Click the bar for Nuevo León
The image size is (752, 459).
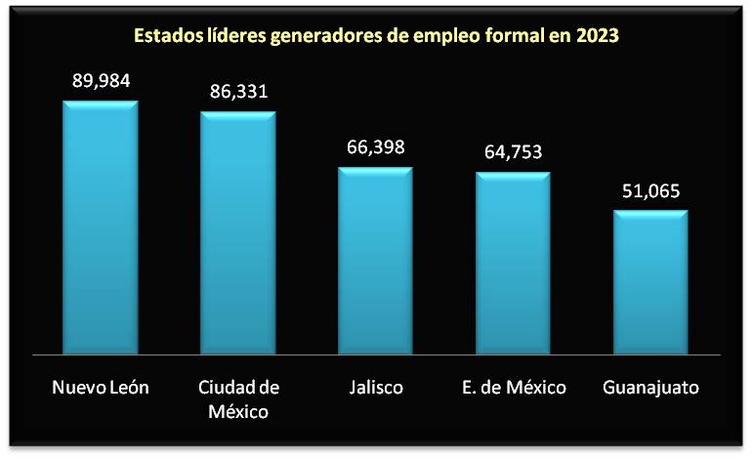(101, 227)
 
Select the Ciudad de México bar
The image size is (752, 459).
(238, 232)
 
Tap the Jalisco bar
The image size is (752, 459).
(376, 260)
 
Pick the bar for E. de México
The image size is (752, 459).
(514, 263)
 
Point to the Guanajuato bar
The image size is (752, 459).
(651, 281)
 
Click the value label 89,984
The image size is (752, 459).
(101, 80)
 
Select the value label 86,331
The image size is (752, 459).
(238, 92)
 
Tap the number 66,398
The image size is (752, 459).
(376, 147)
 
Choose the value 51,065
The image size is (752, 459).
(651, 190)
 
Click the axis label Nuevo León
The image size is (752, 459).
(101, 388)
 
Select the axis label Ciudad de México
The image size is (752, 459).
(238, 398)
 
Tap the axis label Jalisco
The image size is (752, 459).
(376, 388)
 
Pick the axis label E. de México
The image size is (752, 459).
(514, 388)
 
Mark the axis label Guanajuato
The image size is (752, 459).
(651, 388)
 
